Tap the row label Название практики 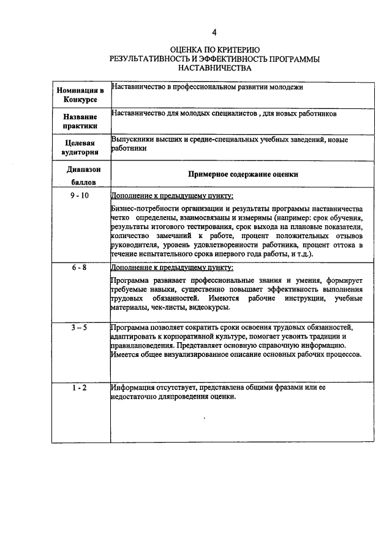click(x=80, y=121)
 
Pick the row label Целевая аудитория click(x=80, y=148)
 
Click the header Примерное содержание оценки click(x=243, y=174)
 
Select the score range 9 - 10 click(x=80, y=195)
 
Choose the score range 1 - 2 click(x=80, y=387)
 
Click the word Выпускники click(x=132, y=140)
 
